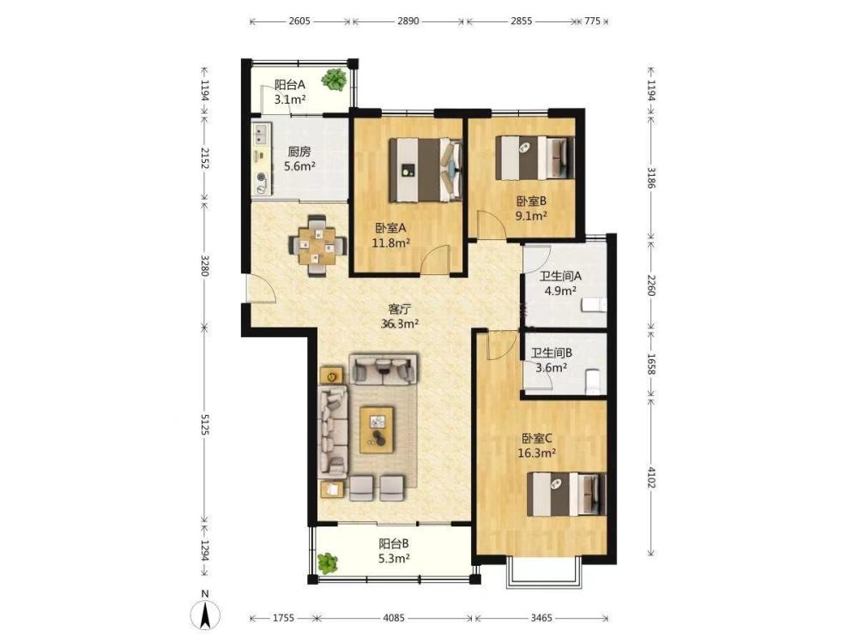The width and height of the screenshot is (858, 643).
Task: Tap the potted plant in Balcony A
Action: point(334,80)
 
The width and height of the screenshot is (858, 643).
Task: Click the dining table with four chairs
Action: point(317,247)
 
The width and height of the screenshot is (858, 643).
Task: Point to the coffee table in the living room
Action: point(377,430)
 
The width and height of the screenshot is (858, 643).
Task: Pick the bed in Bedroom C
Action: point(567,495)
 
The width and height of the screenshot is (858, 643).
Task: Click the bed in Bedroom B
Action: point(535,157)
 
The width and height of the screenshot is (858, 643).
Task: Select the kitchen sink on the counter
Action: point(261,132)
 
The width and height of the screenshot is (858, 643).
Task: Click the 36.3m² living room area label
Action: point(400,324)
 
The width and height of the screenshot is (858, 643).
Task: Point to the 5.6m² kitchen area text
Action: point(299,166)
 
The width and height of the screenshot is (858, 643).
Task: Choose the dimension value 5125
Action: point(205,424)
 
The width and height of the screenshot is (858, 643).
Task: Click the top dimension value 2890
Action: point(408,21)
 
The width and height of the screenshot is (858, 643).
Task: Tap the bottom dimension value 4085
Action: point(394,618)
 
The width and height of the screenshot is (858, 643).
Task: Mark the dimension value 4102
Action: point(651,477)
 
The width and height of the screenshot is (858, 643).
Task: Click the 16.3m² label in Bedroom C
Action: point(537,453)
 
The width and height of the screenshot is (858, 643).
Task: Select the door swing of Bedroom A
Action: point(436,259)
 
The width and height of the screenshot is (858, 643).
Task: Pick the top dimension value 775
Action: point(593,21)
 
